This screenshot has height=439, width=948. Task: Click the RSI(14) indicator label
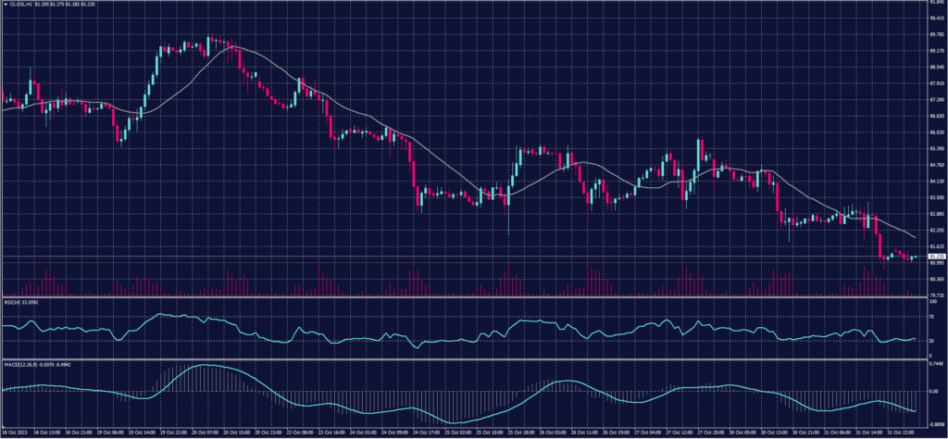[x=11, y=301]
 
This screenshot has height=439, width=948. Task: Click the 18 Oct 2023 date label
[x=16, y=432]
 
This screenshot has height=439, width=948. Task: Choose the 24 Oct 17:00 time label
[x=429, y=432]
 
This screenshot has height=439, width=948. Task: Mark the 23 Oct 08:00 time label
[x=301, y=432]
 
